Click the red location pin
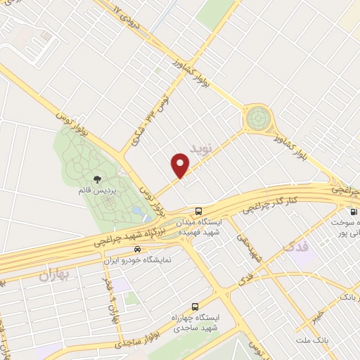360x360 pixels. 181,165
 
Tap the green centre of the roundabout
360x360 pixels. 257,117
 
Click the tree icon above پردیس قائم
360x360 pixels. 97,180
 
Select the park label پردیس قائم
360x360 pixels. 97,191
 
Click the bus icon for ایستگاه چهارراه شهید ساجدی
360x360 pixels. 195,307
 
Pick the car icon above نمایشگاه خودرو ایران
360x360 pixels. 138,250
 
